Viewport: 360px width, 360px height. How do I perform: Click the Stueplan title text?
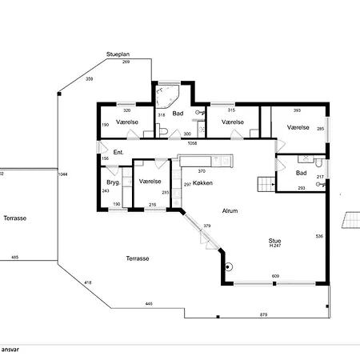coord(118,54)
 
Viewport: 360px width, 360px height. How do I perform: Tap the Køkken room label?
coord(202,183)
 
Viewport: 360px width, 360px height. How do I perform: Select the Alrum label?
coord(230,211)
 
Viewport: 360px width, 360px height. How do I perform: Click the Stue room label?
coord(274,241)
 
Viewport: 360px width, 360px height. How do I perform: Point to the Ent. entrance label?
coord(118,152)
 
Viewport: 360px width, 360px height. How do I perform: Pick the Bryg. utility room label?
coord(113,182)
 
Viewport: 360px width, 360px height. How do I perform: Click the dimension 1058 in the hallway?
coord(192,143)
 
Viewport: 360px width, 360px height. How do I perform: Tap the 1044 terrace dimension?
coord(63,174)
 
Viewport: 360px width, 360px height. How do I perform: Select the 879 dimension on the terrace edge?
coord(263,314)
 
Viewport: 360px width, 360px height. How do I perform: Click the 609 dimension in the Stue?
coord(275,276)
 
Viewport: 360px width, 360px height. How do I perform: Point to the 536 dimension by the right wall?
coord(319,236)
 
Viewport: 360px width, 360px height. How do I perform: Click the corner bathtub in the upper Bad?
coord(166,96)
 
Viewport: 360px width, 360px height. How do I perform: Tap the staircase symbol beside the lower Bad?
coord(266,184)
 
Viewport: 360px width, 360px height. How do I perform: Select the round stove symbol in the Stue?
coord(228,266)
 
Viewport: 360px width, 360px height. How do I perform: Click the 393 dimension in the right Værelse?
coord(297,110)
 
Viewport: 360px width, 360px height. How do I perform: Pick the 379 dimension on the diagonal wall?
coord(207,226)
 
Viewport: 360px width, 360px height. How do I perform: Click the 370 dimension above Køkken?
coord(202,171)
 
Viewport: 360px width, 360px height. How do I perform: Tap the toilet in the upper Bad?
coord(162,130)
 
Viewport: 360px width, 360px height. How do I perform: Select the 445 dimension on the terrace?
coord(149,304)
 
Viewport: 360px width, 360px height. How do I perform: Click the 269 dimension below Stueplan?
coord(126,62)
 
